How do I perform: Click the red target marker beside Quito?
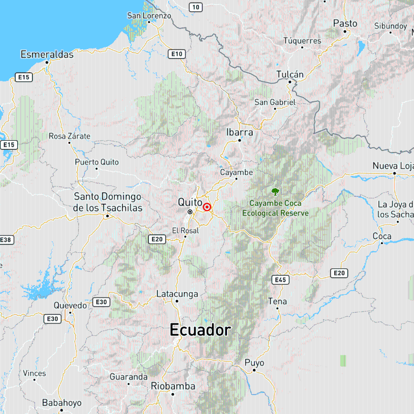click(207, 207)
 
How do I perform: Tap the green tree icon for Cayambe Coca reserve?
click(275, 191)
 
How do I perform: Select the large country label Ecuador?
click(200, 330)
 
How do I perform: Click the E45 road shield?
click(280, 280)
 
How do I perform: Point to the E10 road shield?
click(176, 54)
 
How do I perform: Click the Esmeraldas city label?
click(47, 54)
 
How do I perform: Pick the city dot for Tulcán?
click(290, 82)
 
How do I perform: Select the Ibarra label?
click(240, 132)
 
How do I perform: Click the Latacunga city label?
click(177, 294)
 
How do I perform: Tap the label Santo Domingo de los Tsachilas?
click(108, 202)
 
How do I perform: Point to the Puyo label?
click(254, 363)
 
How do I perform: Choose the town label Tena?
click(278, 301)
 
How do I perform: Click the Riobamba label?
click(173, 385)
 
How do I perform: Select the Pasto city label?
click(345, 23)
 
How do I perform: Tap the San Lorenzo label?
click(149, 16)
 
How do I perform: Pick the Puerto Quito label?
click(96, 162)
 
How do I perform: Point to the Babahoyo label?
click(62, 403)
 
